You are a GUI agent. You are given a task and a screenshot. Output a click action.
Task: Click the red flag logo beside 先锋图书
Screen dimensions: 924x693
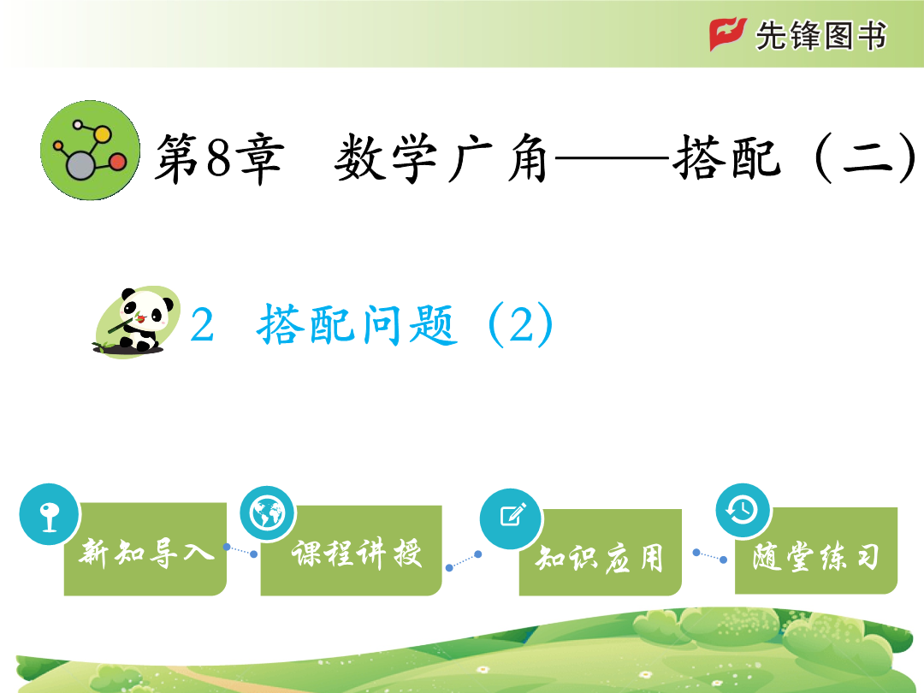click(x=727, y=33)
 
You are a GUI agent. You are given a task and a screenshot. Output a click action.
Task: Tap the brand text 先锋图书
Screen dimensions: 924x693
click(x=820, y=36)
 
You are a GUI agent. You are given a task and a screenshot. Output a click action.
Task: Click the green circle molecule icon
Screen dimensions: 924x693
click(x=90, y=151)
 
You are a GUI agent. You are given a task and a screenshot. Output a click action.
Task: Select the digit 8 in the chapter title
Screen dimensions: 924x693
click(x=219, y=157)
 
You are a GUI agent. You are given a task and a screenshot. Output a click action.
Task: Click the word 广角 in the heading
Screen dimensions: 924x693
click(x=498, y=157)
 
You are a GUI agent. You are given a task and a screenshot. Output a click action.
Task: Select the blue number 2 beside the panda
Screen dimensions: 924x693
click(x=202, y=325)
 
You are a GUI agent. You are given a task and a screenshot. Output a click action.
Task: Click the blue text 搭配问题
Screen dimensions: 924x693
click(x=357, y=324)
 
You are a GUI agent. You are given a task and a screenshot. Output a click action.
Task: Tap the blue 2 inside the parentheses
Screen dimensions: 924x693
click(x=522, y=325)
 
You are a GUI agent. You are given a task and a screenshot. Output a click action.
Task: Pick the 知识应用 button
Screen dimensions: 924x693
click(x=600, y=552)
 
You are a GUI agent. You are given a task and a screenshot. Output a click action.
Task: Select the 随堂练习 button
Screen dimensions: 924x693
click(x=816, y=550)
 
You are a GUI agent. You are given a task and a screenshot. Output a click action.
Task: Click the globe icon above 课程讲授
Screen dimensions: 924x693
click(x=268, y=513)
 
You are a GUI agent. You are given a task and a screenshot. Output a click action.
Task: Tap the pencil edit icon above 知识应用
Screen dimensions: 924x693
click(x=511, y=518)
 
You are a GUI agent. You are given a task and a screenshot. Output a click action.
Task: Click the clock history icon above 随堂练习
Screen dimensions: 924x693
click(x=743, y=510)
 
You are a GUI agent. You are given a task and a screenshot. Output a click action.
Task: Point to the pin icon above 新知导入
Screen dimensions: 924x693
click(x=49, y=514)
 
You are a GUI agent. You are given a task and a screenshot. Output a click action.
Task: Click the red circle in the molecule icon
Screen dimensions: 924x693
click(x=117, y=162)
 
